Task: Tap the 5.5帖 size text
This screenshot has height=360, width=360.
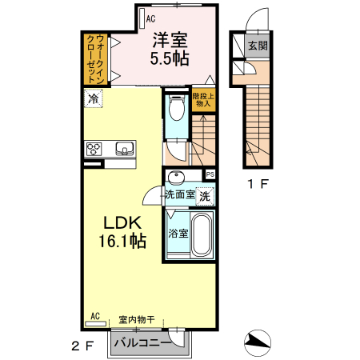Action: pos(170,58)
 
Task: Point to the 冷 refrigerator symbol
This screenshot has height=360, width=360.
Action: pos(94,99)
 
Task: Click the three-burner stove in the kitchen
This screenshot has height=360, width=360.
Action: pos(94,148)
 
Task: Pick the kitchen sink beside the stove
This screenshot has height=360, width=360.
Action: pos(125,148)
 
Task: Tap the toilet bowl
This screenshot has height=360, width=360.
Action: pos(176,110)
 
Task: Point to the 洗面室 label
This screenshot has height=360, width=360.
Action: pos(181,194)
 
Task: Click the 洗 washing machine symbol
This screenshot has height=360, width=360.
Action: pos(205,195)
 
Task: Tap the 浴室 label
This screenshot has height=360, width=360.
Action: pos(178,234)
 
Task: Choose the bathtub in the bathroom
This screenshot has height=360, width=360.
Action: pos(202,235)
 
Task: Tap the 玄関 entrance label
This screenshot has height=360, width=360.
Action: pos(258,45)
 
